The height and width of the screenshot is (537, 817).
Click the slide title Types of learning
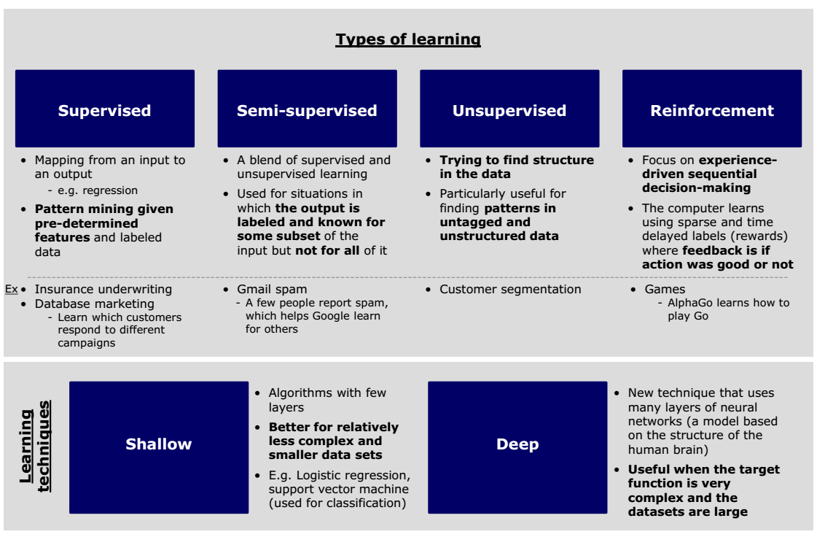click(408, 39)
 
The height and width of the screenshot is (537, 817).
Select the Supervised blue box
click(105, 109)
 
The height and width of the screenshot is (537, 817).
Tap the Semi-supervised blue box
click(307, 109)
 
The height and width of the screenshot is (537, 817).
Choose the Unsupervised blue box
click(509, 109)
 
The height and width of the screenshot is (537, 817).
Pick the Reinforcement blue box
click(712, 109)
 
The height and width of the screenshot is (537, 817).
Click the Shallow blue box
click(159, 444)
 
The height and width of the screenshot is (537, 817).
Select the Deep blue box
click(517, 444)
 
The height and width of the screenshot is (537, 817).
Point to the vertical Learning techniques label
click(35, 446)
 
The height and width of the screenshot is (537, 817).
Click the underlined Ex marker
click(11, 289)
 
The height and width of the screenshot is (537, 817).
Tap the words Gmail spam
click(272, 289)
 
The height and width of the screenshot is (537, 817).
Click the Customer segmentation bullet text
click(510, 289)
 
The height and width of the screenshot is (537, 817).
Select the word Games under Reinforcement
click(665, 289)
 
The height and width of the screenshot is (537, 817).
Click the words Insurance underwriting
click(103, 289)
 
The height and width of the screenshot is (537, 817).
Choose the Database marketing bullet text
click(95, 304)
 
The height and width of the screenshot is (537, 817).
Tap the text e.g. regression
click(98, 190)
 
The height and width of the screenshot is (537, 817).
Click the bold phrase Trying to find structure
click(516, 160)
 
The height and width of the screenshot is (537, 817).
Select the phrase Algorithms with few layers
click(327, 400)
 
